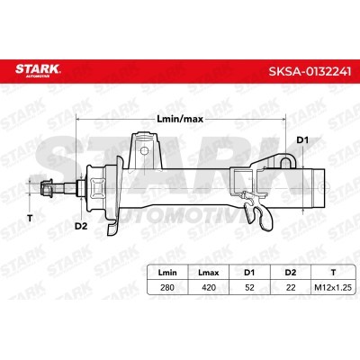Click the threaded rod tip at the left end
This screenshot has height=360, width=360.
pyautogui.click(x=47, y=188)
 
